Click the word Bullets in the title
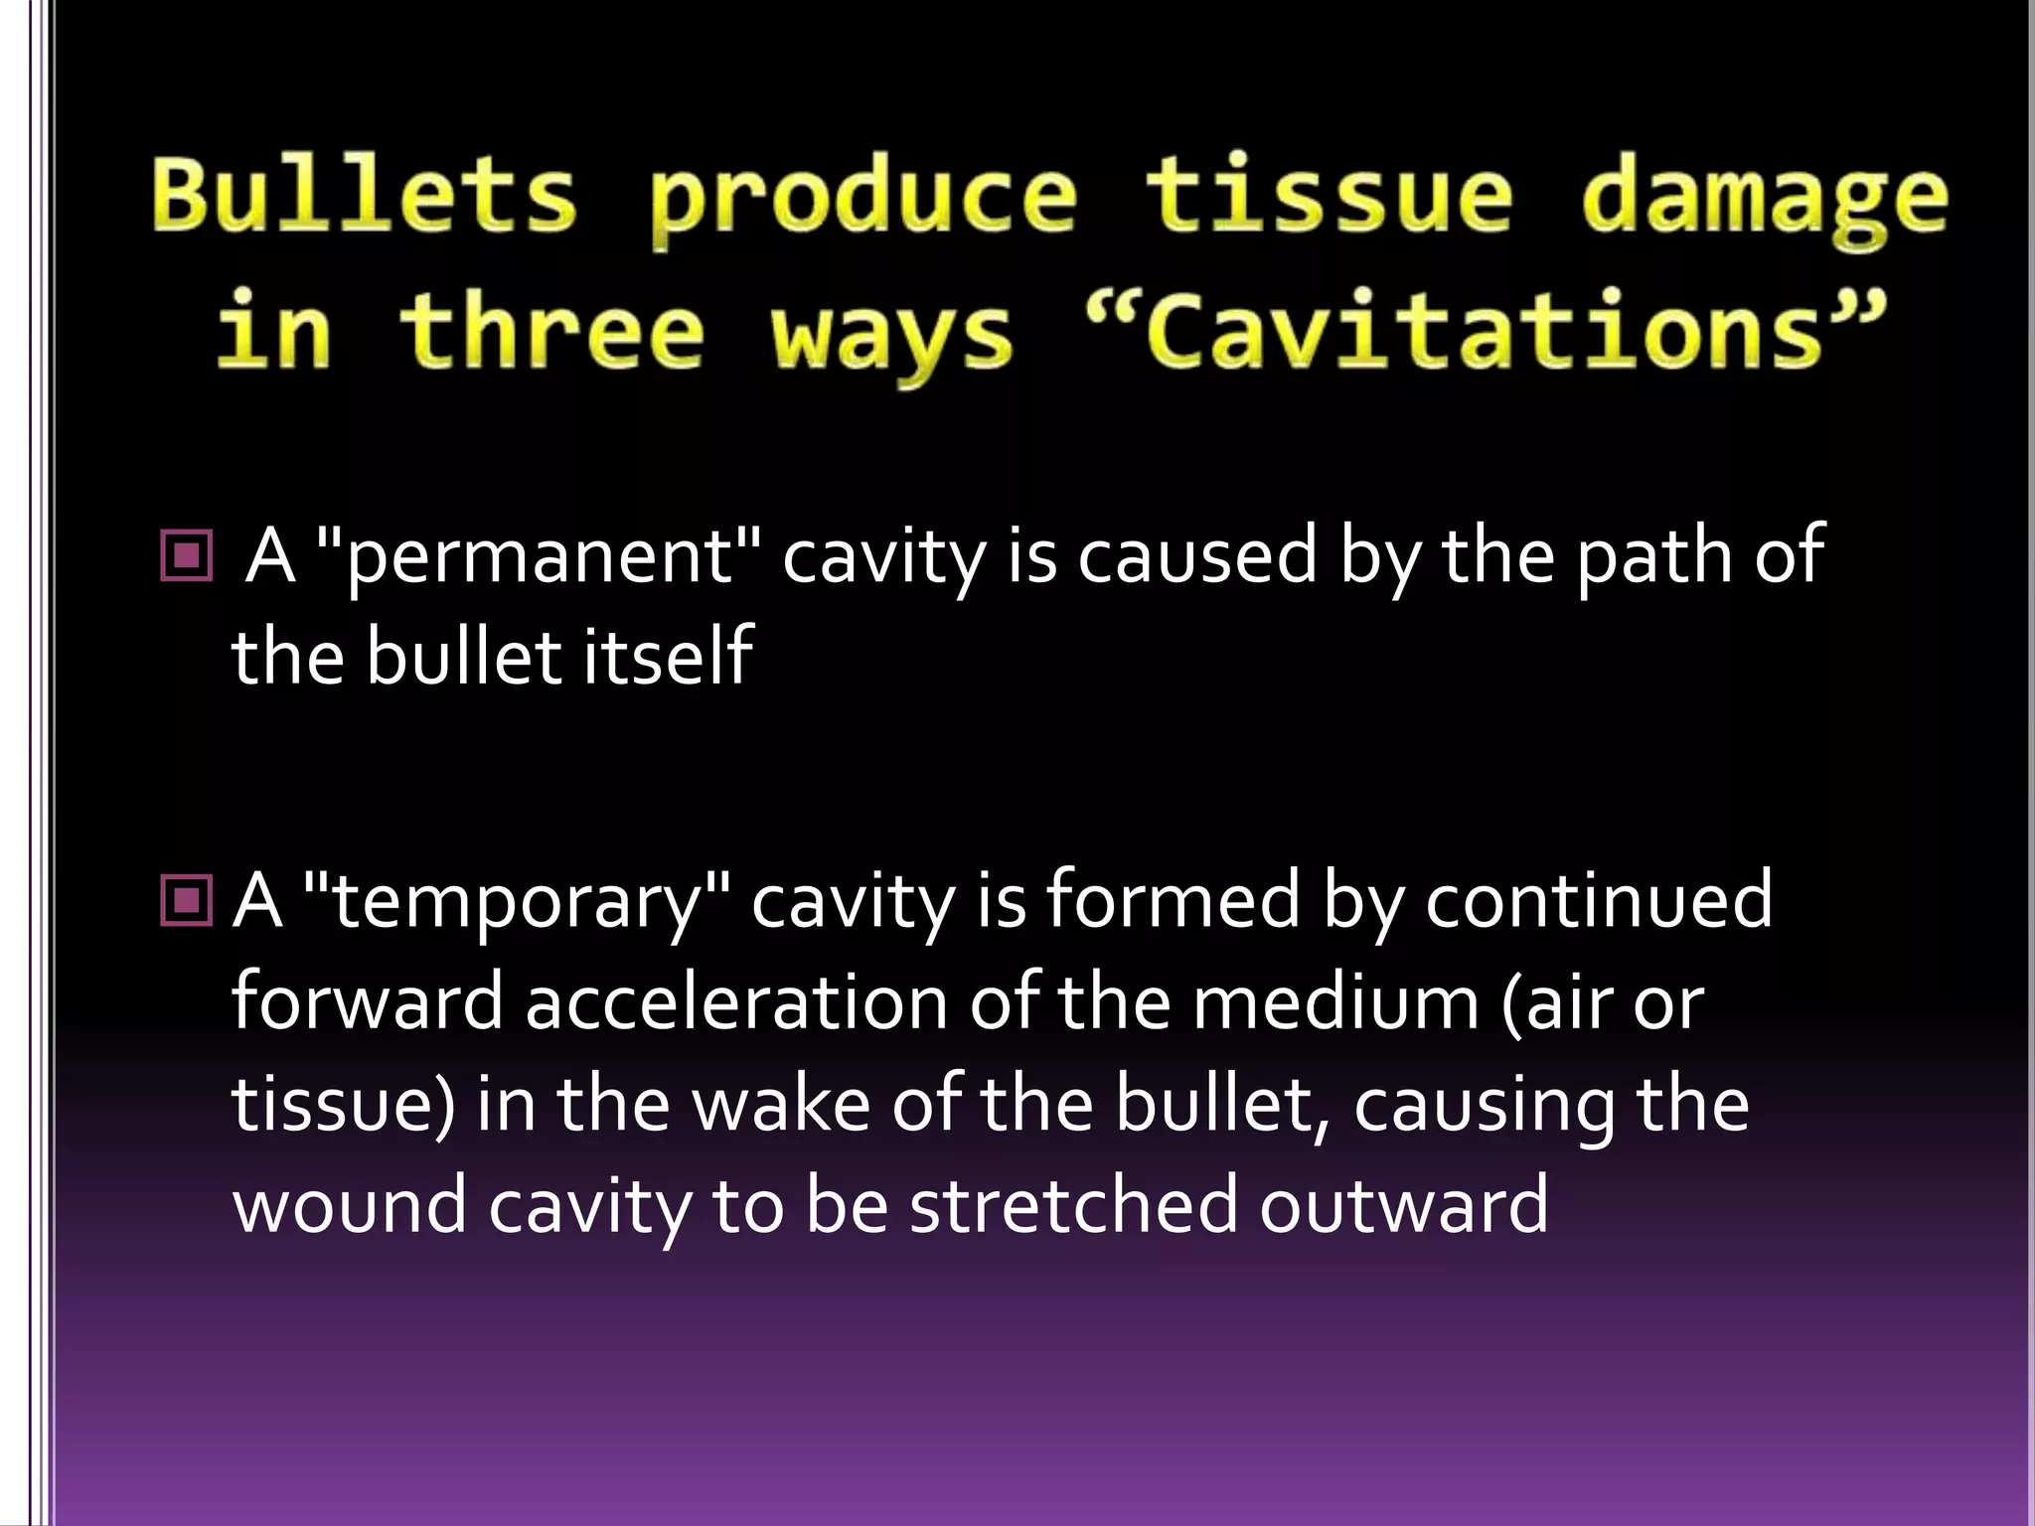tap(364, 195)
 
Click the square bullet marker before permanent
tap(186, 555)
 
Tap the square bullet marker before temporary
tap(186, 901)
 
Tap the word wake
tap(781, 1104)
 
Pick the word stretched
tap(1073, 1205)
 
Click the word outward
tap(1403, 1205)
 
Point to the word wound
tap(349, 1205)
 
